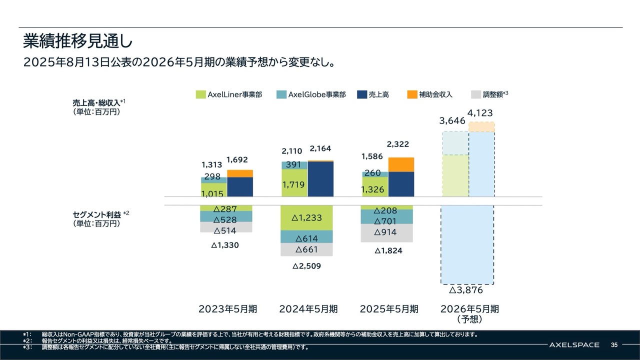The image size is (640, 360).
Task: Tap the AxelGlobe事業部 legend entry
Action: [x=311, y=94]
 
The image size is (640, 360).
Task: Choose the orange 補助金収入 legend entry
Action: [x=430, y=94]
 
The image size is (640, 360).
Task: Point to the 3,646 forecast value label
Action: [x=452, y=120]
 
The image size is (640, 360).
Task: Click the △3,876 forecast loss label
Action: [x=466, y=290]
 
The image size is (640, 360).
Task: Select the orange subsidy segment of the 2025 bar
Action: [x=401, y=164]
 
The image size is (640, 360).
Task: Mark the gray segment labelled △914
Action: [x=387, y=232]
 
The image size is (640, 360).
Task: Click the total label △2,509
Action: [x=306, y=266]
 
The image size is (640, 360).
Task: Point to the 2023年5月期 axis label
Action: [x=227, y=309]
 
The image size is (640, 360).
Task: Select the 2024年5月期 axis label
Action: [x=308, y=309]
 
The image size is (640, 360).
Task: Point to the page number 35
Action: [x=614, y=345]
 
